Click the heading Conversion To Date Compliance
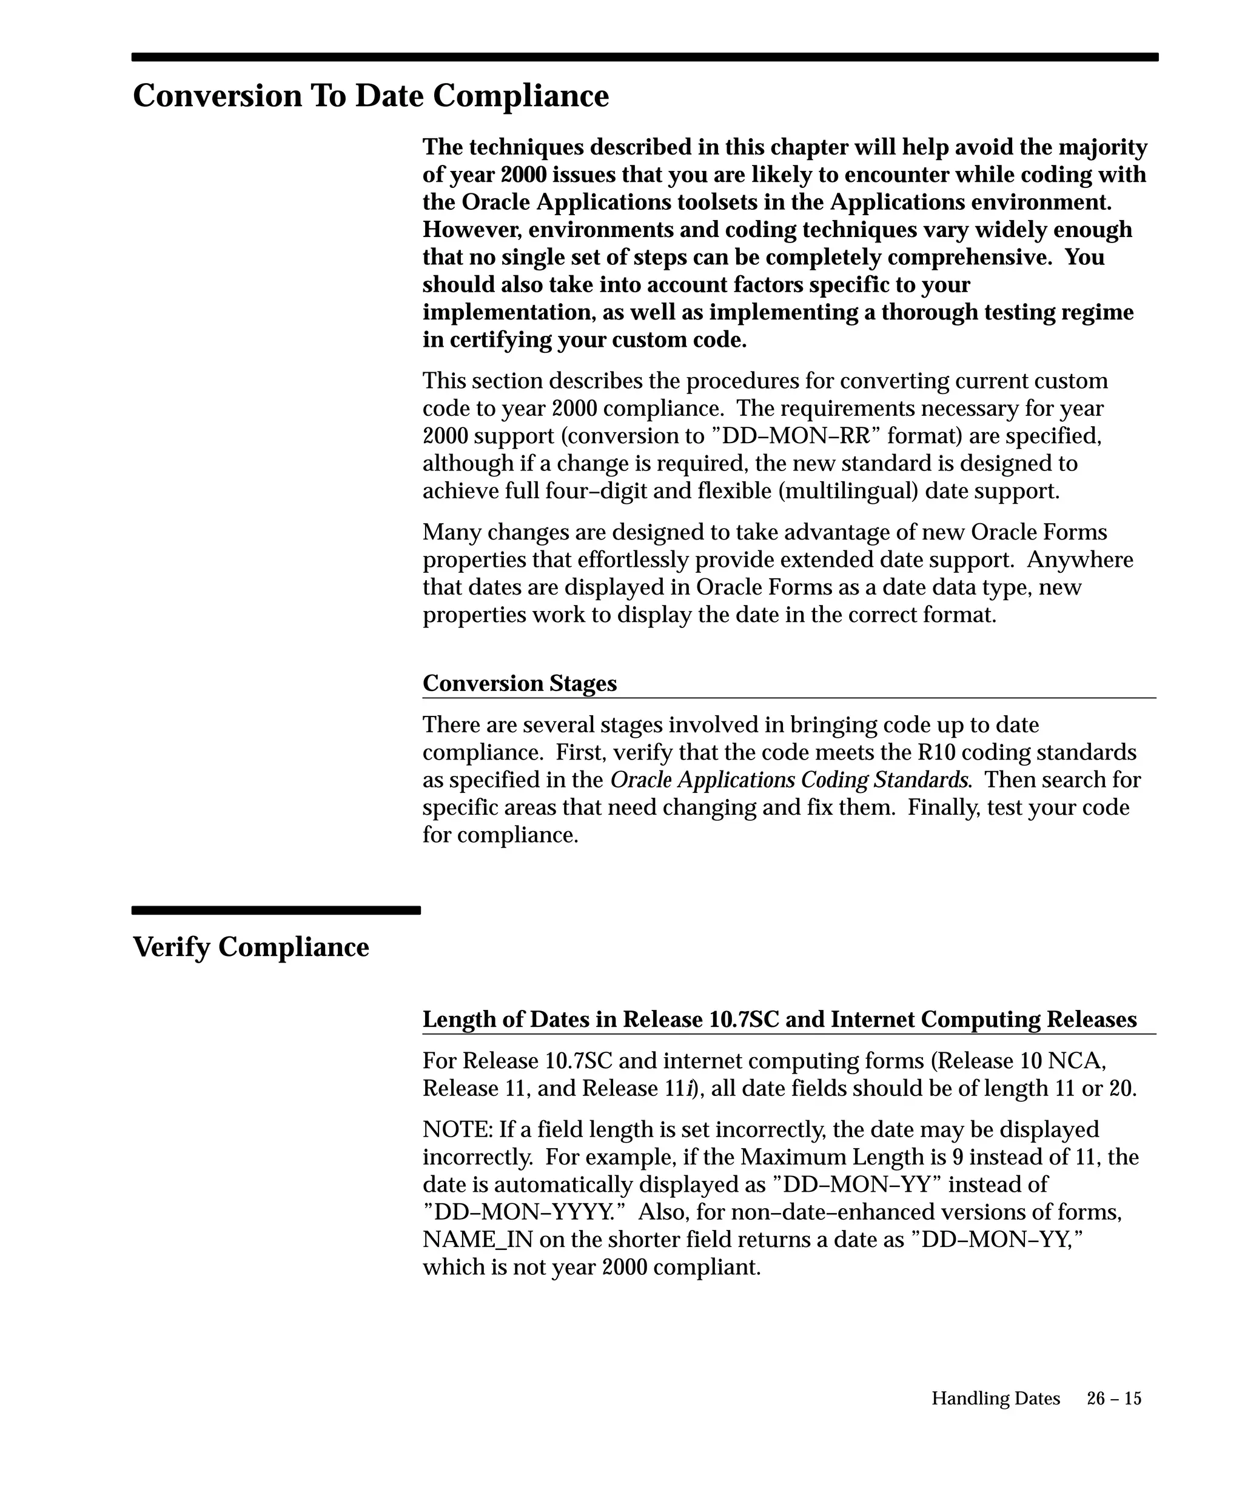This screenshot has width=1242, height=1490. click(371, 96)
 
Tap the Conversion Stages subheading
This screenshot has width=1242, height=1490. click(520, 683)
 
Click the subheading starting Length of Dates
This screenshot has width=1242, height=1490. click(779, 1019)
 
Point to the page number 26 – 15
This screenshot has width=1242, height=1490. click(1113, 1398)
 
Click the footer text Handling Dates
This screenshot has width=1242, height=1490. click(995, 1398)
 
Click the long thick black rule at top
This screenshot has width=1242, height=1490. click(645, 57)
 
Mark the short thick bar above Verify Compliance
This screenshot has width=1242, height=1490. click(276, 910)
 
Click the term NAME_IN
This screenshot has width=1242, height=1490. click(478, 1239)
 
